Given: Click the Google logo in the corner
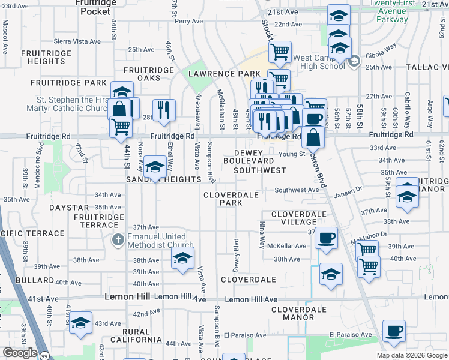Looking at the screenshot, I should pos(19,353).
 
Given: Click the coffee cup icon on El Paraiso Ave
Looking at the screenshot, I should pos(394,331).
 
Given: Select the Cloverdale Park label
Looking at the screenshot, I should pos(231,199).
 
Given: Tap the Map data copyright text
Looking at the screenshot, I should pos(411,355).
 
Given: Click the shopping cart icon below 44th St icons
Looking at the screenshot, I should pos(121,127).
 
